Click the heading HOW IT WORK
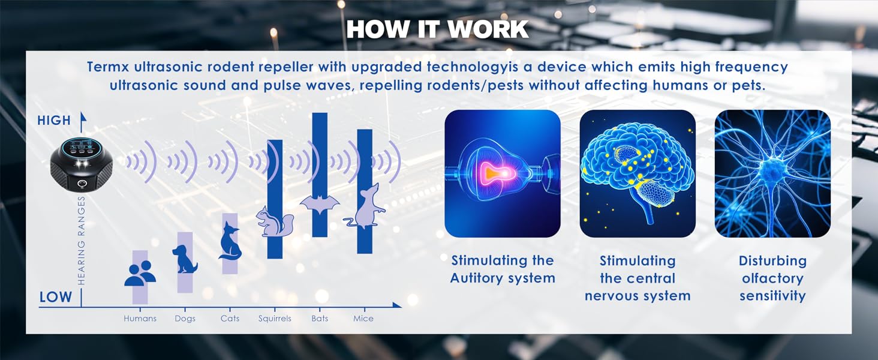tap(437, 29)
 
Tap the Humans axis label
tap(140, 319)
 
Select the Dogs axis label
tap(185, 319)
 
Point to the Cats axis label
tap(230, 319)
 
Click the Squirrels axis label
tap(275, 319)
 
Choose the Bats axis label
tap(320, 319)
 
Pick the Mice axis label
tap(363, 319)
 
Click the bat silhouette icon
tap(320, 204)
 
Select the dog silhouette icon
tap(185, 259)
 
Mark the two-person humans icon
tap(140, 274)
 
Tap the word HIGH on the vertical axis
tap(54, 121)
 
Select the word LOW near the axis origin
tap(56, 297)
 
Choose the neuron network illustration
tap(772, 174)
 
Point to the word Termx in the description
tap(108, 67)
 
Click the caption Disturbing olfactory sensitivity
tap(772, 278)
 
